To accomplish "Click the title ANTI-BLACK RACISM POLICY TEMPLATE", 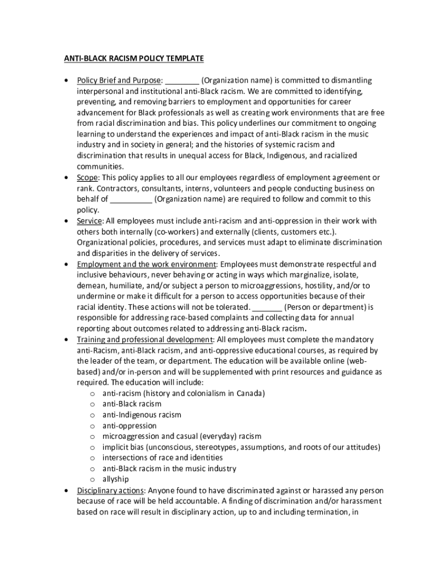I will pyautogui.click(x=133, y=58).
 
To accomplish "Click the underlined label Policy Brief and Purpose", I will pyautogui.click(x=119, y=80).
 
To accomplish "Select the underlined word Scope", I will pyautogui.click(x=89, y=178).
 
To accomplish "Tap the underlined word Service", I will pyautogui.click(x=89, y=221).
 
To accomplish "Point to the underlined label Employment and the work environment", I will pyautogui.click(x=146, y=265).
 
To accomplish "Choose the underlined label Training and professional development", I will pyautogui.click(x=144, y=340).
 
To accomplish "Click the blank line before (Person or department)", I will pyautogui.click(x=267, y=308).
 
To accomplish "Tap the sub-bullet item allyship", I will pyautogui.click(x=116, y=480).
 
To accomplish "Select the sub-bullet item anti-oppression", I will pyautogui.click(x=129, y=426).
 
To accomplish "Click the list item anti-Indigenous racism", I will pyautogui.click(x=142, y=415).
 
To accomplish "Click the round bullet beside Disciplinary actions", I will pyautogui.click(x=67, y=491).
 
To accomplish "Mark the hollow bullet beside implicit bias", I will pyautogui.click(x=92, y=447).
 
